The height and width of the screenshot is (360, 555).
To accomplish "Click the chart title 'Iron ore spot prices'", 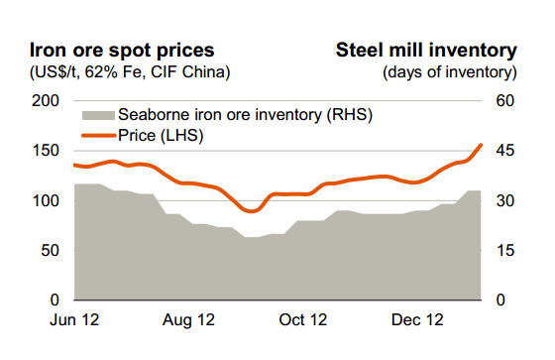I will [x=120, y=50].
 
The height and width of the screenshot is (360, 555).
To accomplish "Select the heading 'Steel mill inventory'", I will [x=426, y=50].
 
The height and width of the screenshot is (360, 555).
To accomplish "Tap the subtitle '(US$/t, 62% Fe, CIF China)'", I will [x=130, y=71].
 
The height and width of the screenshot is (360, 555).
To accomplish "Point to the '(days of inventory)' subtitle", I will [x=449, y=71].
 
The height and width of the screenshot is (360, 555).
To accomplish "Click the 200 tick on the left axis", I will [x=46, y=101].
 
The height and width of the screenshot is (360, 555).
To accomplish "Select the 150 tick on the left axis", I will [x=46, y=151].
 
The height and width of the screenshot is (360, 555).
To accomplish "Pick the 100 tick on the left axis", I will [x=46, y=200].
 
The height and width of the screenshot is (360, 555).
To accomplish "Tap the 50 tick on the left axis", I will [x=50, y=250].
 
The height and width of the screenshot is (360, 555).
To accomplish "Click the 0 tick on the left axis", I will [x=55, y=300].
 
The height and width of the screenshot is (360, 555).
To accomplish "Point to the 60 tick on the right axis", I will [x=506, y=101].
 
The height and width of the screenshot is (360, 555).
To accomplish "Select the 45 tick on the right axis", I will [x=506, y=151].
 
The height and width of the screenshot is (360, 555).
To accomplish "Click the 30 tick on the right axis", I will [x=506, y=200].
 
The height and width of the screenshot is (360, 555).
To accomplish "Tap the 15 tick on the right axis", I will [x=506, y=250].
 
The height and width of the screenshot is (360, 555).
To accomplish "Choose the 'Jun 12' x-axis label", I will [x=73, y=321].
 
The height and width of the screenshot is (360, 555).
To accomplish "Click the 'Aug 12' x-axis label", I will [x=188, y=321].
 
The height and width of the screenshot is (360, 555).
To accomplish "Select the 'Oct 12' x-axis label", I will [x=303, y=321].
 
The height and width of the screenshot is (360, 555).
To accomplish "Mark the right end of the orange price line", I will [x=482, y=144].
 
